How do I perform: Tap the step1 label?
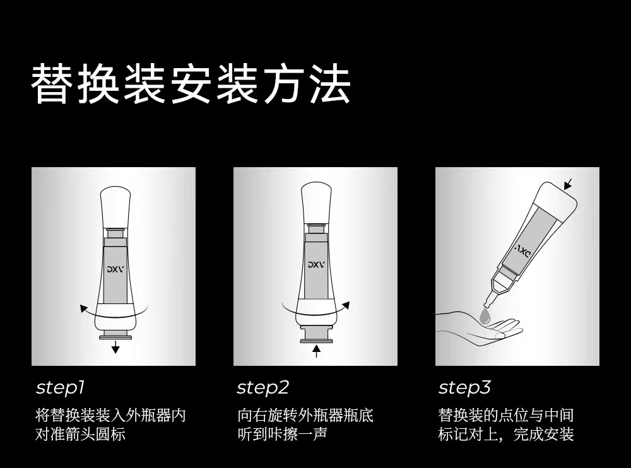pos(61,387)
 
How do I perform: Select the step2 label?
pos(262,387)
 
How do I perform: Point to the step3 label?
pos(465,387)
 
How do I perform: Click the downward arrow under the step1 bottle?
pos(115,346)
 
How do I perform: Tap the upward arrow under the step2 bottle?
pos(316,351)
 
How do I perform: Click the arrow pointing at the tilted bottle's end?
pos(568,184)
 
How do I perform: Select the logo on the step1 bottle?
pos(115,269)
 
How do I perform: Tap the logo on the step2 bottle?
pos(316,265)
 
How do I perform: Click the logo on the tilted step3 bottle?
pos(523,251)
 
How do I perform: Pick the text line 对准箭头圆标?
pos(80,435)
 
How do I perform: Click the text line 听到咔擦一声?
pos(282,435)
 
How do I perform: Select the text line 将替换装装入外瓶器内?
pos(110,415)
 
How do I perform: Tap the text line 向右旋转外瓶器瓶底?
pos(305,415)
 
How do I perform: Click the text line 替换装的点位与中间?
pos(505,415)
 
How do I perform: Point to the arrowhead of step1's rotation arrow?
pos(84,309)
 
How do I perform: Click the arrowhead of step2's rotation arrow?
pos(346,305)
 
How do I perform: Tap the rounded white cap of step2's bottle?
pos(316,202)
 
